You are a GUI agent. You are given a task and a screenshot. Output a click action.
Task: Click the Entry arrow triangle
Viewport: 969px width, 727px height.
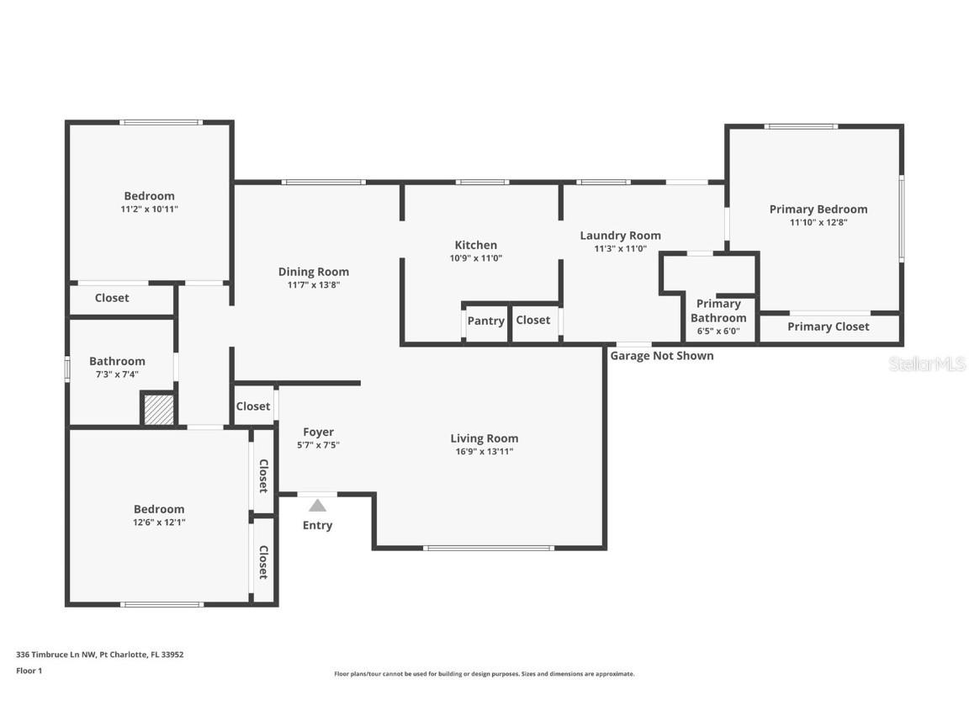coord(317,506)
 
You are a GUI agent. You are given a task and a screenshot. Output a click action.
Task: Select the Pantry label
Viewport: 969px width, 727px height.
coord(486,321)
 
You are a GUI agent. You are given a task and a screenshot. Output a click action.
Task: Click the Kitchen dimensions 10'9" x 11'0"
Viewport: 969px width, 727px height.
coord(476,258)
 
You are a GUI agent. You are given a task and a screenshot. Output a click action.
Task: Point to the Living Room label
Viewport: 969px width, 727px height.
coord(484,438)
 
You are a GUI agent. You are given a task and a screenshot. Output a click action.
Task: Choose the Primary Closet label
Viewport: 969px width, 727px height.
coord(829,326)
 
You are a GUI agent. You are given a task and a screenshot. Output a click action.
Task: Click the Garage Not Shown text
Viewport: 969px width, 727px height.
coord(662,356)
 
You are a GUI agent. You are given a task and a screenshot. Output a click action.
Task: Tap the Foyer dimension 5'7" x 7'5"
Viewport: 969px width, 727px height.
coord(319,445)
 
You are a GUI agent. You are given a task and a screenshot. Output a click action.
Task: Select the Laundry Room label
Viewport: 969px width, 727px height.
coord(621,236)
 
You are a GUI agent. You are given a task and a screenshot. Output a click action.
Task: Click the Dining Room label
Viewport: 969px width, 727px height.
coord(314,272)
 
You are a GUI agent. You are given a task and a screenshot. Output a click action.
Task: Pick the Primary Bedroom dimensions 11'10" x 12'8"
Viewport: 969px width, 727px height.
coord(818,223)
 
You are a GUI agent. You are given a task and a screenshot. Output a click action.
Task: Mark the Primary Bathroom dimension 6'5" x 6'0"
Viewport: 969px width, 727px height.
coord(718,331)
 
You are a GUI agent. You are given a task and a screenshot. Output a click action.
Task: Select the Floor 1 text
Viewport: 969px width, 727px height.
coord(29,671)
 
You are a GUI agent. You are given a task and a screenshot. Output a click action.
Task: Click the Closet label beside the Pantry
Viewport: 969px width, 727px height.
coord(533,320)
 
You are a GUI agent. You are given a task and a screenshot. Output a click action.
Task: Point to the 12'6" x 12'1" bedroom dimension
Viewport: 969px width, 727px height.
coord(159,522)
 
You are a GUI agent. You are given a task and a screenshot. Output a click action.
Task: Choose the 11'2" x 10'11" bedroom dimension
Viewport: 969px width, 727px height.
coord(150,209)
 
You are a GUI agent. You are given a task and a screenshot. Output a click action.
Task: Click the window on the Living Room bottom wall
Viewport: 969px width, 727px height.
coord(489,548)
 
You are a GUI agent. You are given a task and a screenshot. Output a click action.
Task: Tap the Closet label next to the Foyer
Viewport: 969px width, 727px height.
coord(253,406)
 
